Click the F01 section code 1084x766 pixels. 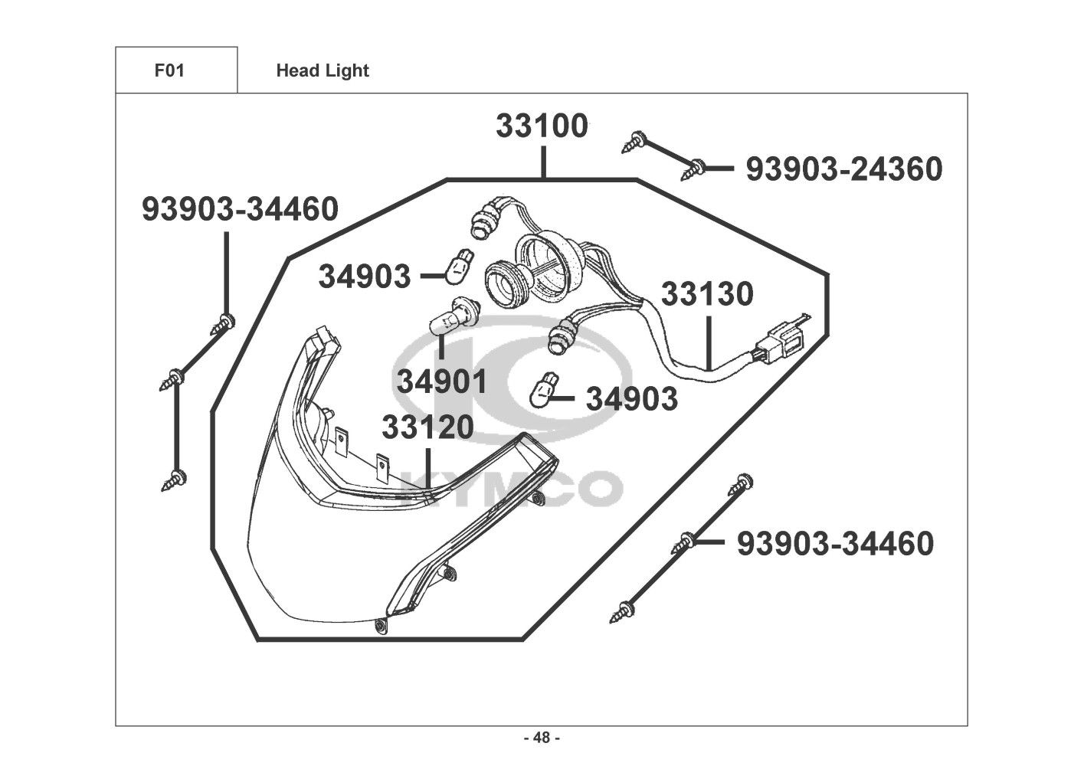[169, 70]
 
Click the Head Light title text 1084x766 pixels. [323, 70]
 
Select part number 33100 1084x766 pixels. [542, 126]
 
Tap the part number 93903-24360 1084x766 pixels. [844, 169]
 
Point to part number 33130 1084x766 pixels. [707, 293]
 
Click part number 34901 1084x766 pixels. [442, 381]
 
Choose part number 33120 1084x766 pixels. [427, 427]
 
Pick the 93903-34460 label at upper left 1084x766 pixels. [240, 209]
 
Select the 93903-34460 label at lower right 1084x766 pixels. [835, 543]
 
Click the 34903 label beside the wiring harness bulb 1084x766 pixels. [632, 399]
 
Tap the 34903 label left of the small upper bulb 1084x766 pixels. [365, 277]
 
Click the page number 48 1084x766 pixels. [542, 738]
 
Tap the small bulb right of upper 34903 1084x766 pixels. [459, 266]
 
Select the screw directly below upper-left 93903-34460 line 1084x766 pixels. [223, 324]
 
